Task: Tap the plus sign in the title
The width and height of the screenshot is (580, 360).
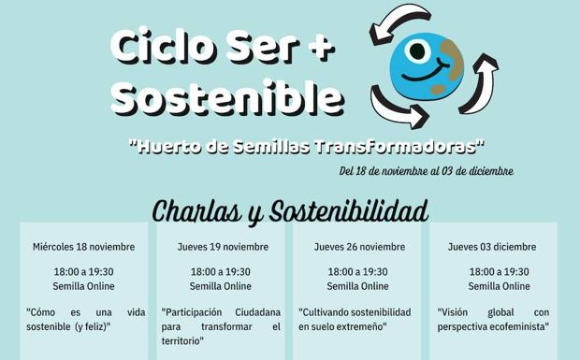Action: coord(319,46)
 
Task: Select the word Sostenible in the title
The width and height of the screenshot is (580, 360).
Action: coord(227,96)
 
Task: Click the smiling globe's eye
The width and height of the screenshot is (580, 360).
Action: coord(416,50)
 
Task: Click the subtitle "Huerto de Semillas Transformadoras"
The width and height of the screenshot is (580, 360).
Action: coord(308,147)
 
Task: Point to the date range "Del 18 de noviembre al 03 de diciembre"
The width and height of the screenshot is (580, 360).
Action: coord(426,171)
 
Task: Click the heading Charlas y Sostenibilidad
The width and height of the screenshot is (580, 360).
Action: coord(290,210)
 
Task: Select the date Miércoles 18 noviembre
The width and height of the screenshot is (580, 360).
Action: coord(83,247)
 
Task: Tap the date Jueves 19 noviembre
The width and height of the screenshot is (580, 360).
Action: coord(223,247)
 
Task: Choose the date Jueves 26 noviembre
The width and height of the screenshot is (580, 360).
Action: coord(359,247)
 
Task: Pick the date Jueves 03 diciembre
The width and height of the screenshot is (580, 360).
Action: coord(492,247)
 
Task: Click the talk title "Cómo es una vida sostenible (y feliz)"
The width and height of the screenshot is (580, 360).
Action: coord(83,319)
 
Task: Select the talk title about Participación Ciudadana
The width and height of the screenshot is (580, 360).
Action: coord(221,326)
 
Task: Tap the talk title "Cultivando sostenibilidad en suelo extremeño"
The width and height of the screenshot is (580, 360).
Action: coord(355,319)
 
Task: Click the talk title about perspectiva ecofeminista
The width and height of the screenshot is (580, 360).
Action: coord(493,319)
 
